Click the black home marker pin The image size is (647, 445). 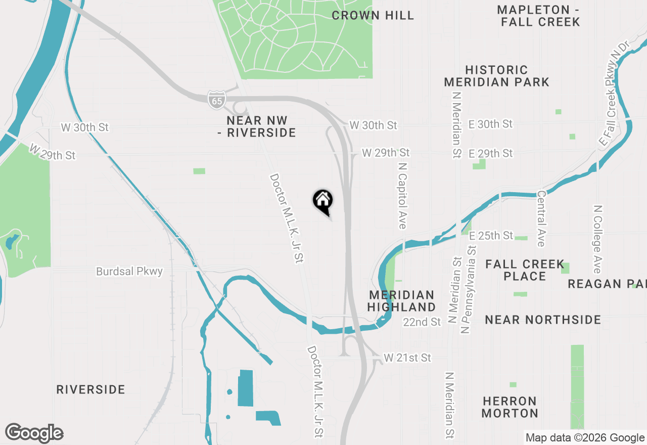click(322, 201)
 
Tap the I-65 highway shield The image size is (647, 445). click(216, 100)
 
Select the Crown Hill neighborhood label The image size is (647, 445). click(373, 16)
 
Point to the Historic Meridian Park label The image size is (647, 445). click(496, 76)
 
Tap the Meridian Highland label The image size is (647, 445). click(401, 301)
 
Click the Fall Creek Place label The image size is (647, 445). click(525, 270)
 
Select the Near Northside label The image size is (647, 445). click(543, 320)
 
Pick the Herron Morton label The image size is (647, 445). click(510, 407)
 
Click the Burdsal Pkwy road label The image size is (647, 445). click(129, 272)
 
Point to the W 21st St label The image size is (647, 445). click(407, 358)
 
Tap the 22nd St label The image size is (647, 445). click(422, 322)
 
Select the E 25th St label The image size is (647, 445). click(491, 236)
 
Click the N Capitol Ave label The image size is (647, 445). click(402, 195)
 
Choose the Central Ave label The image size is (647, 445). click(541, 218)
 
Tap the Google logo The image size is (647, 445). click(34, 433)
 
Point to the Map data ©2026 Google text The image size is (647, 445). click(585, 438)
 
